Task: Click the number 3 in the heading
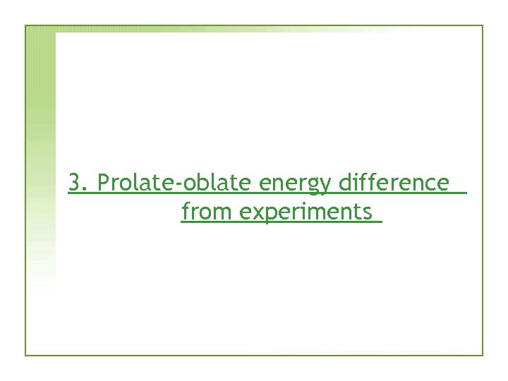click(x=75, y=183)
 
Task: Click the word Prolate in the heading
click(x=138, y=183)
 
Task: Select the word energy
click(x=296, y=185)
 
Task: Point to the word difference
click(x=394, y=183)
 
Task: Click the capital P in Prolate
click(x=104, y=183)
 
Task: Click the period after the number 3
click(x=84, y=190)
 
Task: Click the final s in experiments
click(x=367, y=212)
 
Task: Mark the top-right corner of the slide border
click(x=483, y=26)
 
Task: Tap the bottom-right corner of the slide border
click(x=483, y=355)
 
